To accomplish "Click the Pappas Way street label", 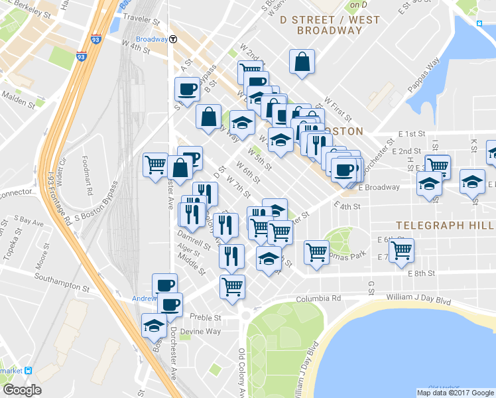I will [x=424, y=68].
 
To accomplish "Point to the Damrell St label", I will [x=193, y=235].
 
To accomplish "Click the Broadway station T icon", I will [x=172, y=39].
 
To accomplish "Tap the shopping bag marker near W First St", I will [x=302, y=62].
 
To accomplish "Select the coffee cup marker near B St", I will [x=187, y=89].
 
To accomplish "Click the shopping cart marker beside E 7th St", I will [x=401, y=250].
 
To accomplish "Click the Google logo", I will [x=22, y=390].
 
